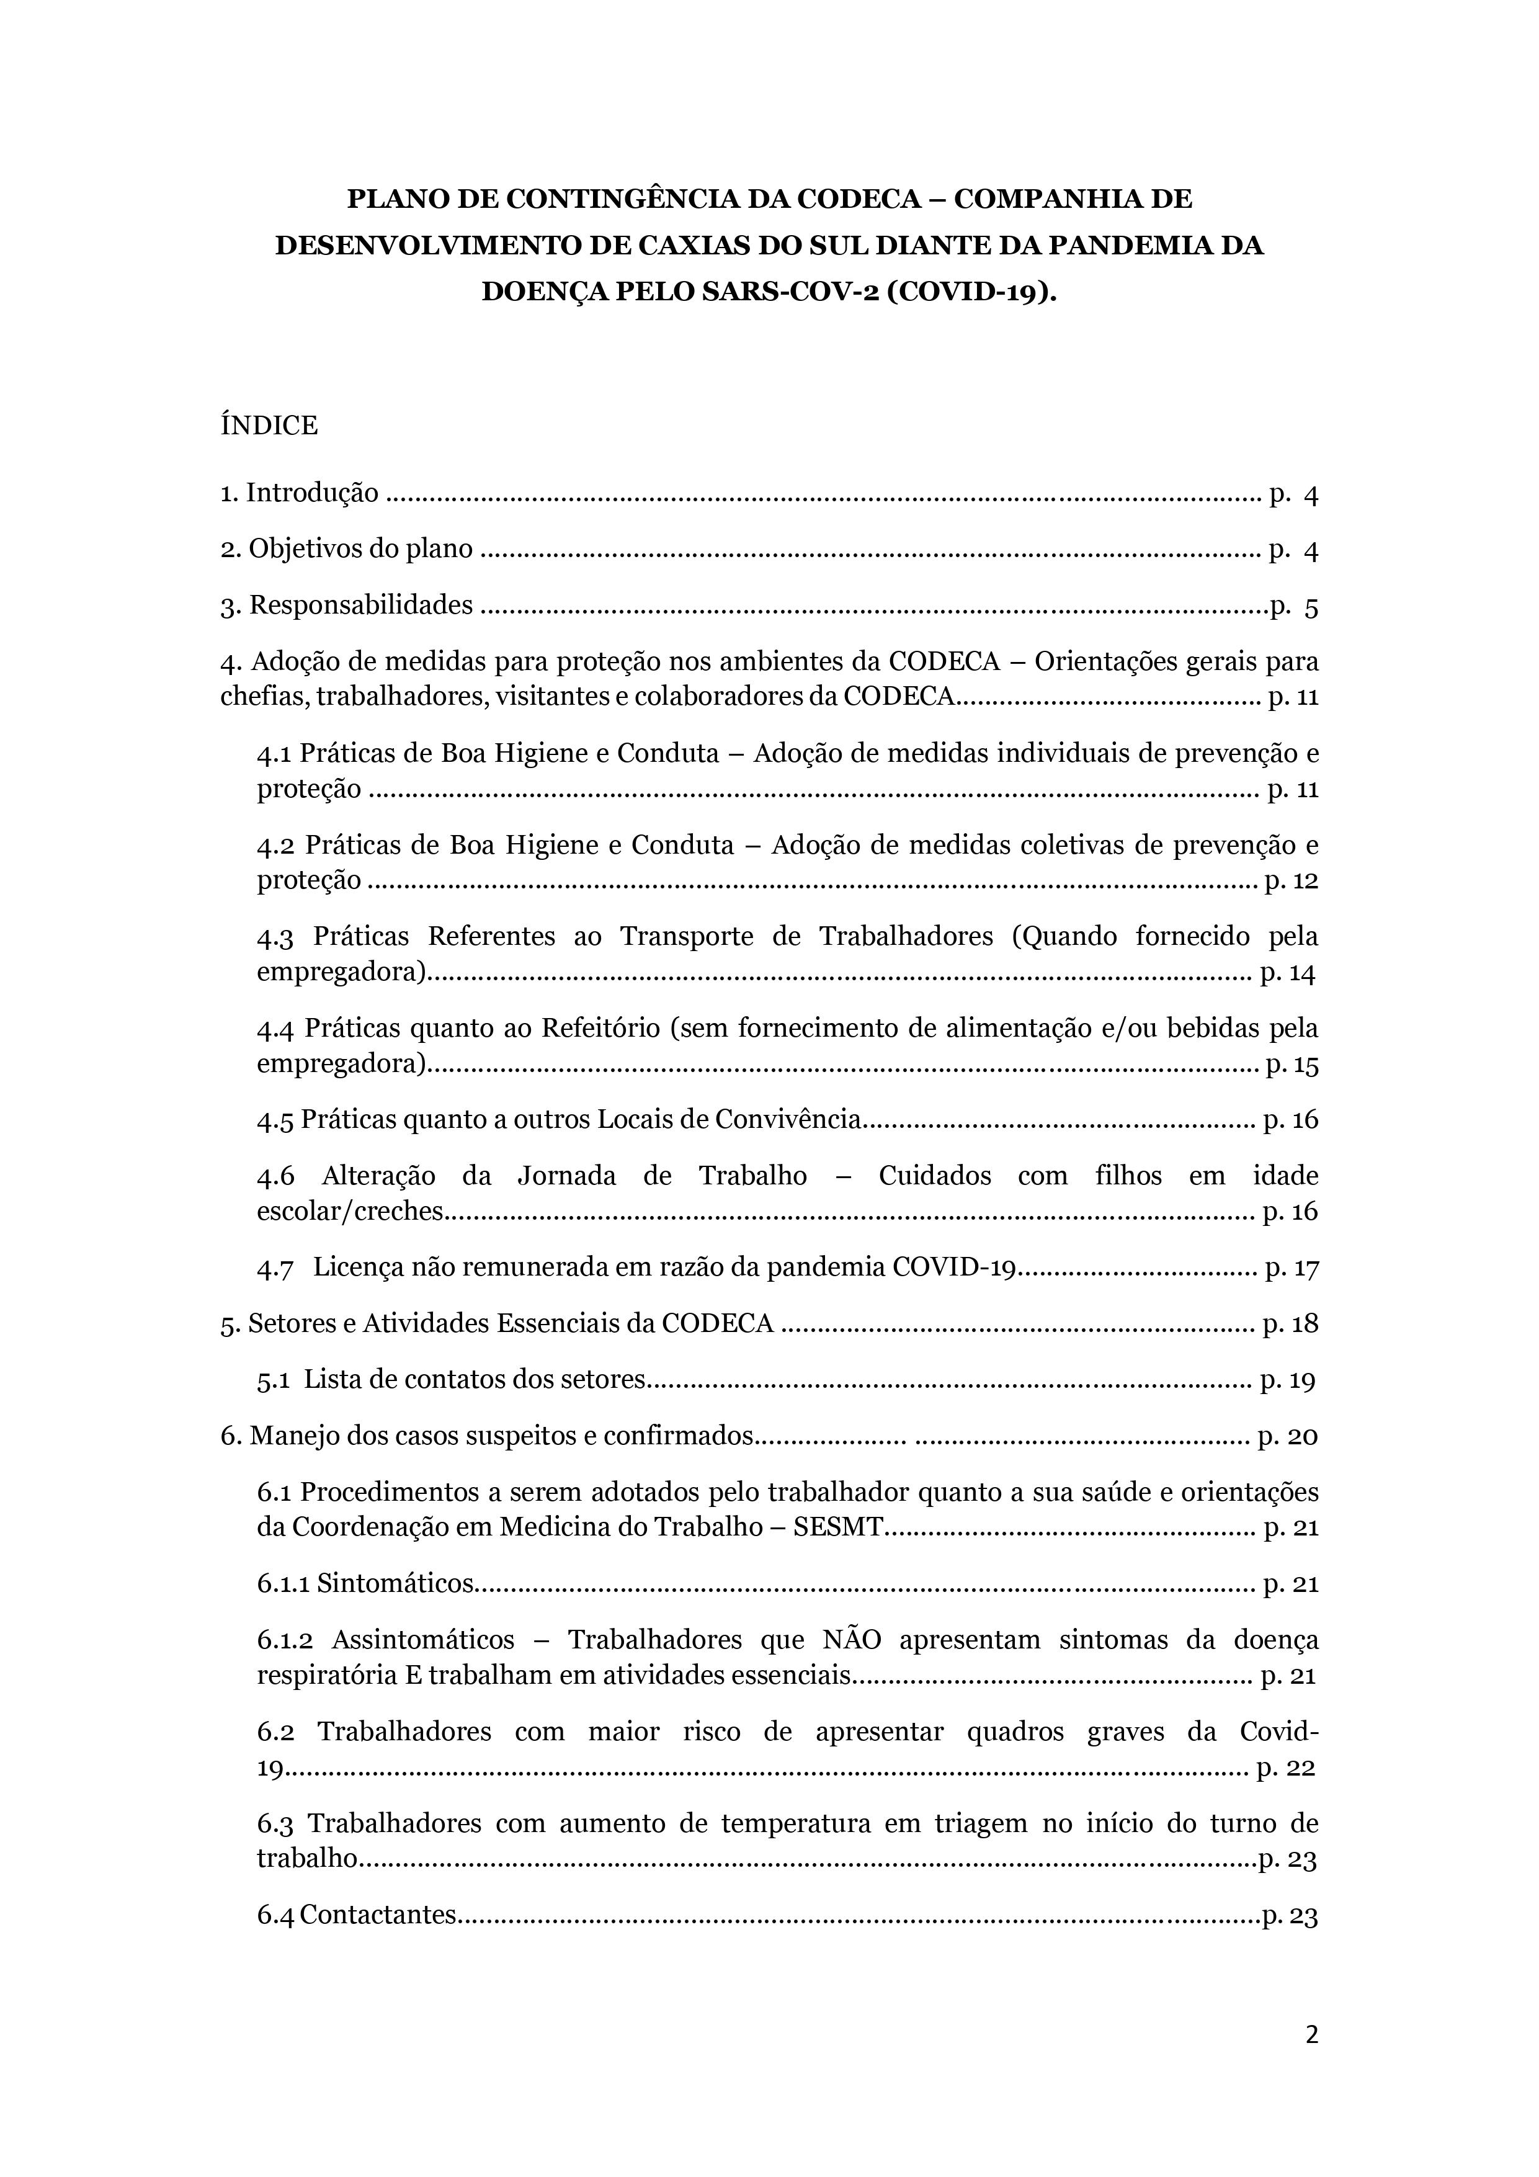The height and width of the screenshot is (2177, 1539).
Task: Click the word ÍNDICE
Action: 269,426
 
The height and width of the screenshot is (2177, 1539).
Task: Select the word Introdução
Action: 312,493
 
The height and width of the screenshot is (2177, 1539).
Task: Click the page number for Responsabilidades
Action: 1295,606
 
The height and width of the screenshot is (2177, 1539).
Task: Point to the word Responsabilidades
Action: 360,605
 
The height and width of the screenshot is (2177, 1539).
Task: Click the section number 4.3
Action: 275,937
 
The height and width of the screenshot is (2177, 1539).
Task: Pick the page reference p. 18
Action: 1290,1324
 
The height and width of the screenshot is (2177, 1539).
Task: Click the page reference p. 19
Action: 1288,1380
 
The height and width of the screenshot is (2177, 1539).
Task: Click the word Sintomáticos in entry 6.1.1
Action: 395,1583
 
